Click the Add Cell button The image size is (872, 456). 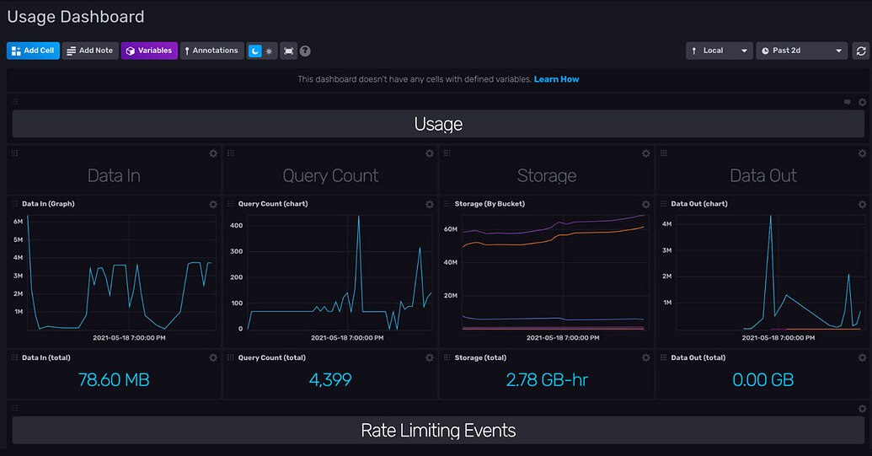click(x=33, y=51)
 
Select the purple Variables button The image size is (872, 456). click(x=149, y=51)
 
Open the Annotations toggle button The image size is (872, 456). click(x=211, y=51)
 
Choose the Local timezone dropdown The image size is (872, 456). click(x=719, y=51)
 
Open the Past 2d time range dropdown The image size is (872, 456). click(x=801, y=51)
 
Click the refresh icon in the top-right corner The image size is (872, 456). click(x=861, y=51)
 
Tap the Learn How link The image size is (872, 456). click(x=556, y=79)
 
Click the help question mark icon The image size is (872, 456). click(x=305, y=51)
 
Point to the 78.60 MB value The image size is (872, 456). click(x=114, y=379)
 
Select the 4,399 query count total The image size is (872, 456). click(x=330, y=379)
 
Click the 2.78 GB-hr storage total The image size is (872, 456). click(x=547, y=379)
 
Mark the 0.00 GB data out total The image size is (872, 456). click(x=762, y=379)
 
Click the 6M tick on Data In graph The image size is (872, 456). click(x=18, y=222)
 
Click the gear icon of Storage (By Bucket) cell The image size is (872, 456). click(x=646, y=204)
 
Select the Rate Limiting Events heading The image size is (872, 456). click(x=438, y=430)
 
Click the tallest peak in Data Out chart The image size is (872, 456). click(x=770, y=216)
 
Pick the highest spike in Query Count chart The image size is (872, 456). click(x=358, y=216)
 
